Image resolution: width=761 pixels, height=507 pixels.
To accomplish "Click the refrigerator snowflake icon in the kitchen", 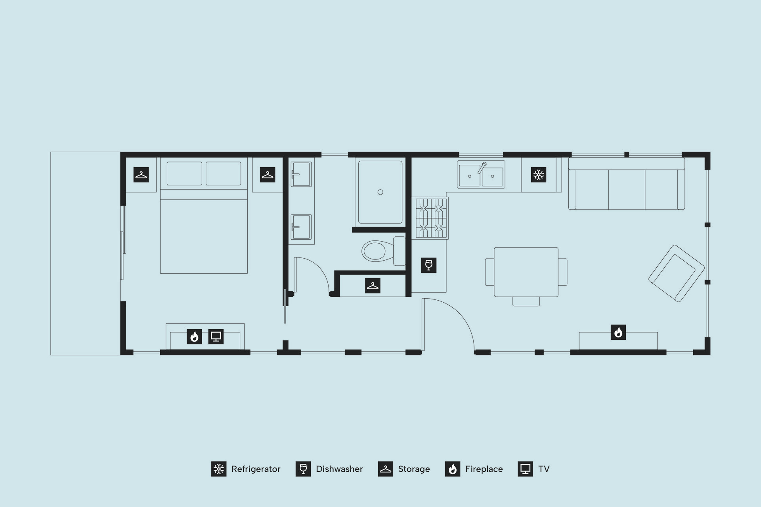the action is coord(538,175).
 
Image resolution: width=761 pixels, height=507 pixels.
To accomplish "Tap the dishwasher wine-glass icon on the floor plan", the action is coord(428,265).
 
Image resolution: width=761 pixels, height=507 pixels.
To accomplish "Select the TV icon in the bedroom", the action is coord(216,337).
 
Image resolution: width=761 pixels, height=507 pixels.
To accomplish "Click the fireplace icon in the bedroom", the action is coord(194,337).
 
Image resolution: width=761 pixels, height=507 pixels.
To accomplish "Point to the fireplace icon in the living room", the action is coord(618,332).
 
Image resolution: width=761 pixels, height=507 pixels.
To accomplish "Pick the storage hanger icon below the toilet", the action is coord(373,286).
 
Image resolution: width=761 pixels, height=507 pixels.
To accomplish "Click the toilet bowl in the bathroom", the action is coord(374,251).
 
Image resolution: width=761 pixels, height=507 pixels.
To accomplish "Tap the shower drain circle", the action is coord(380,192).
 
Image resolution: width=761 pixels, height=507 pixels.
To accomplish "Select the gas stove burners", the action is coord(432,218).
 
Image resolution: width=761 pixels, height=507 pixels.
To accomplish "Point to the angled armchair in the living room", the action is coord(677,273).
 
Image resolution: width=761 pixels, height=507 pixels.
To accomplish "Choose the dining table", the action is coord(526,272).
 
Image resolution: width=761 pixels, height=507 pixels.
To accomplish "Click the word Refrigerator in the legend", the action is coord(256,469).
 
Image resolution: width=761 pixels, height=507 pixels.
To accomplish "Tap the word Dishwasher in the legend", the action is coord(339,469).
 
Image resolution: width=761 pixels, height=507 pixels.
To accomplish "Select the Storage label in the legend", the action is coord(414,469).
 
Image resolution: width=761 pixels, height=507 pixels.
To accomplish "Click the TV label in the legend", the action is coord(544,469).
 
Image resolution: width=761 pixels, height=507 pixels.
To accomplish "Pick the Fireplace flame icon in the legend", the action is coord(453,469).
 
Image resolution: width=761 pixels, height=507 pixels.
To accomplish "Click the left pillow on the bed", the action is coord(184,173).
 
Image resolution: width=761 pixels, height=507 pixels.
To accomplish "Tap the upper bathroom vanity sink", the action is coord(301,174).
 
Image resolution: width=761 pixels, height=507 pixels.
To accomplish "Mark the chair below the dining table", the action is coord(526,301).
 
